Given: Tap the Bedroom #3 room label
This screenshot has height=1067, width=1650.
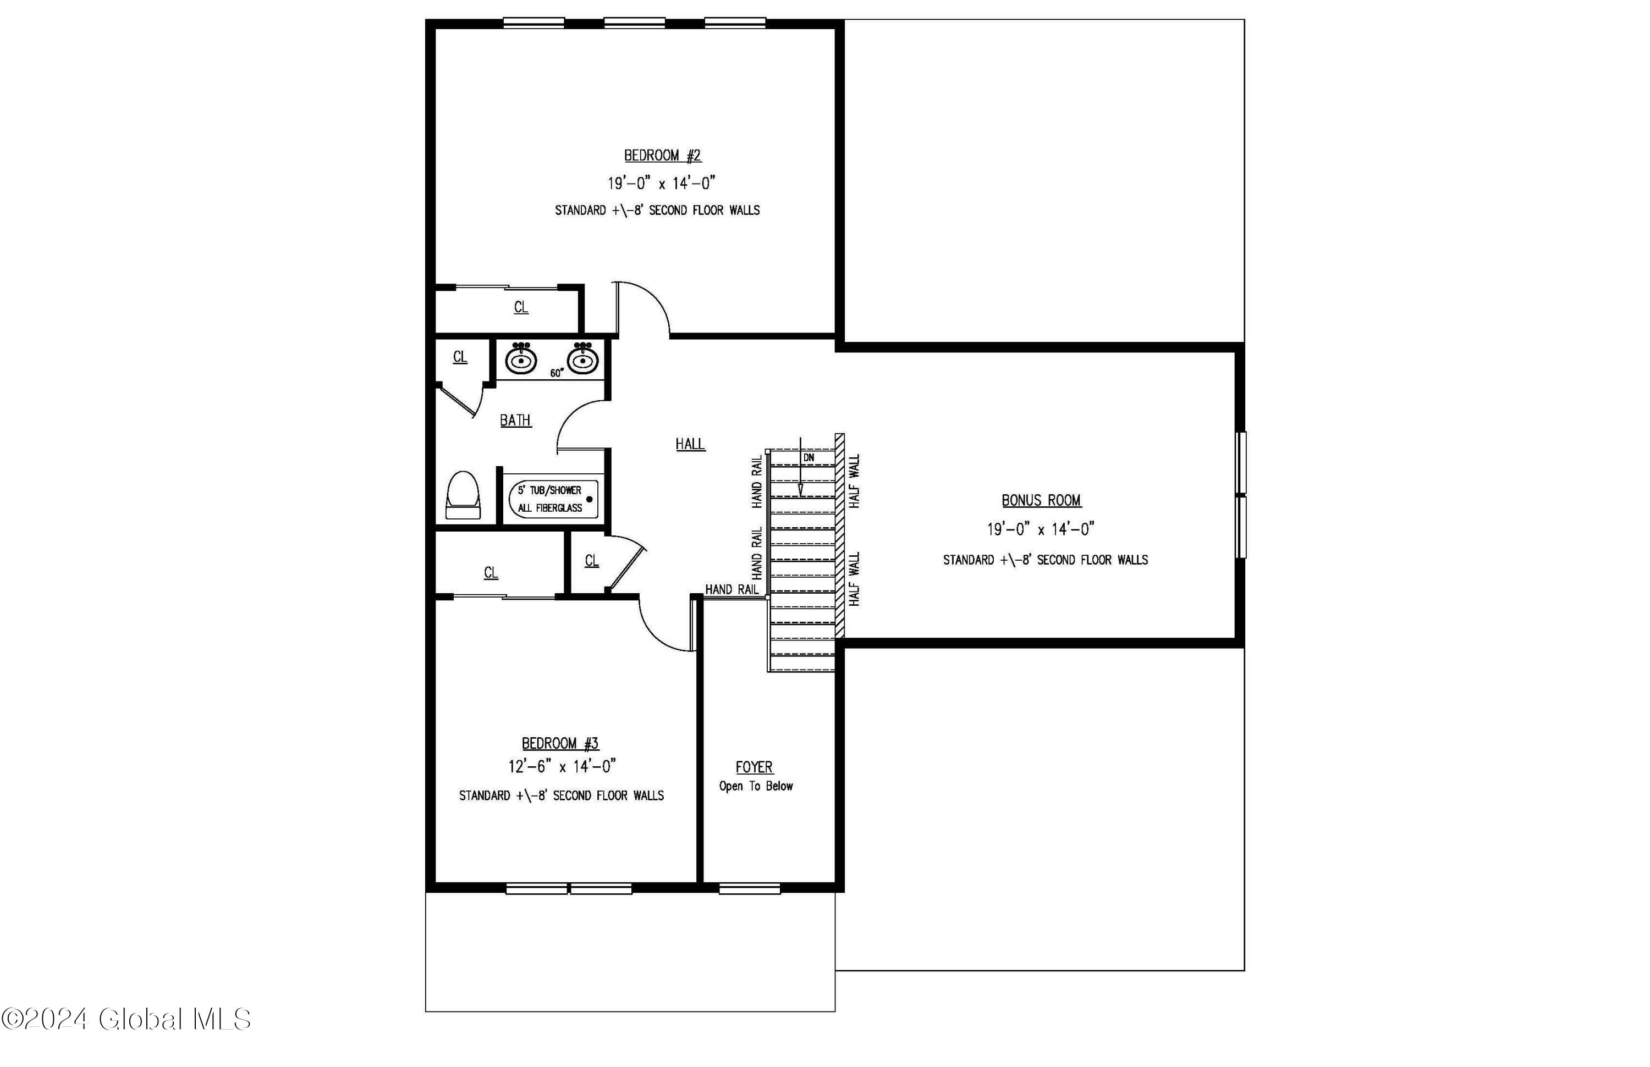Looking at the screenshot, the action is (560, 743).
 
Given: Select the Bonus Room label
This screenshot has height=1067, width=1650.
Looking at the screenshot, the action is (1041, 500).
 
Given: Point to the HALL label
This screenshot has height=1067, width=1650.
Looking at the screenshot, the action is (690, 444).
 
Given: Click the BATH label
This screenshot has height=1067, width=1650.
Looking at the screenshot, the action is (516, 420).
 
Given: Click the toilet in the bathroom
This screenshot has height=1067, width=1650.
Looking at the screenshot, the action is (463, 495).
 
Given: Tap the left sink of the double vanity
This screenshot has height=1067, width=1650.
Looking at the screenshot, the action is (521, 359).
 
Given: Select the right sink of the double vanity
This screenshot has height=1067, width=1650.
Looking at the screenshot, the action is (583, 359).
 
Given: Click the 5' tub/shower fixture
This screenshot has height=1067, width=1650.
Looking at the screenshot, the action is (554, 499).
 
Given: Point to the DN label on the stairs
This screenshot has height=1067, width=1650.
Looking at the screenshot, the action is (809, 458).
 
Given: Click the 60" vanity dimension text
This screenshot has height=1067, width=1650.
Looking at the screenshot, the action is (557, 373).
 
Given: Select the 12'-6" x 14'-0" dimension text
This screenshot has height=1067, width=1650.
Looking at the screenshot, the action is (562, 766).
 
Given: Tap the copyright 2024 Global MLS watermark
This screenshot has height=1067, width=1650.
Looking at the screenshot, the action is (126, 1019).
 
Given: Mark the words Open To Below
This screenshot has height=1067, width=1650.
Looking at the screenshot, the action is (756, 787).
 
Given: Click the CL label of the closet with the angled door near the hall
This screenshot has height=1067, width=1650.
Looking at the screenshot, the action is (591, 561).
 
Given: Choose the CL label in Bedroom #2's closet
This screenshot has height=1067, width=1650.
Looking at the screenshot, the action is (521, 307).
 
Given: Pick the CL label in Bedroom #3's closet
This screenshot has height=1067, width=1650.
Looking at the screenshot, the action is (491, 572).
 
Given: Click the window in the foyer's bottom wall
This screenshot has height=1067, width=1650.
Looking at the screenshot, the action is (750, 888).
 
